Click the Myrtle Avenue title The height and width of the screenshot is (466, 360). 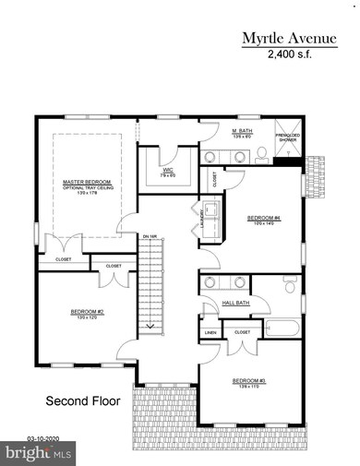point(290,38)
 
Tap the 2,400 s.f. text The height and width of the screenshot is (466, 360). point(290,54)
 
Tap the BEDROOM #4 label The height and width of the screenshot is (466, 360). point(260,219)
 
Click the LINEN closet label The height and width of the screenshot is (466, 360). point(210,331)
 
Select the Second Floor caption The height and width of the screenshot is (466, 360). point(80,401)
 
